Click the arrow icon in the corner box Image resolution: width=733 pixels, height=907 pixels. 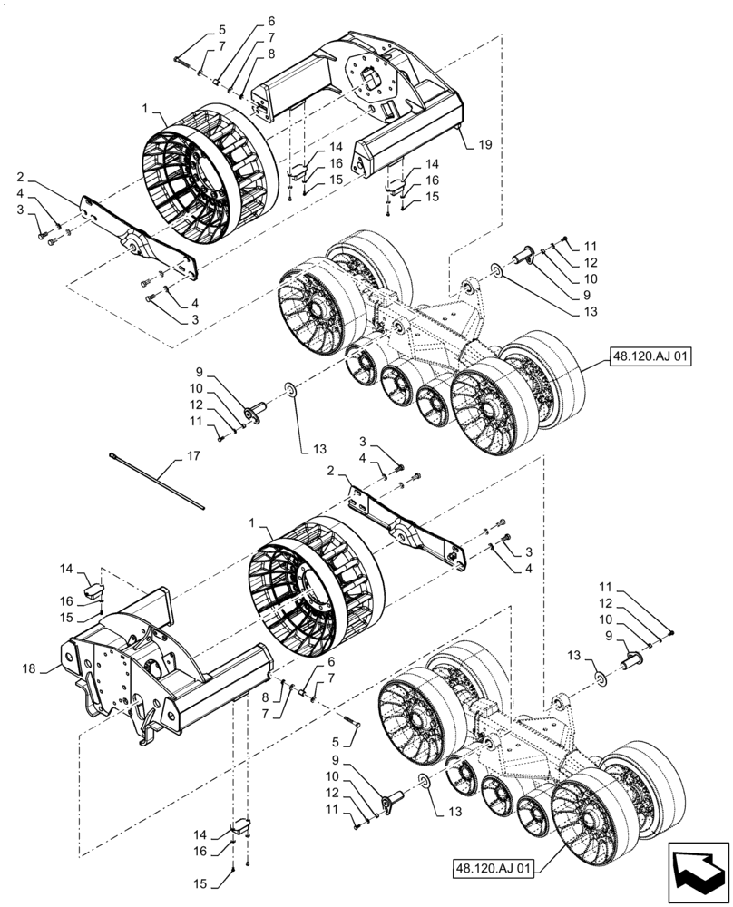pyautogui.click(x=699, y=871)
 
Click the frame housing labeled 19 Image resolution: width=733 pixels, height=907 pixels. pyautogui.click(x=363, y=100)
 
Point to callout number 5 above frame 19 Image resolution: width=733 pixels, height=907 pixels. pyautogui.click(x=197, y=28)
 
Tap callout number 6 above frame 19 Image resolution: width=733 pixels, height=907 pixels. pyautogui.click(x=246, y=21)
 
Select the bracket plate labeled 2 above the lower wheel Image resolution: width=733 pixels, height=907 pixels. pyautogui.click(x=408, y=526)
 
